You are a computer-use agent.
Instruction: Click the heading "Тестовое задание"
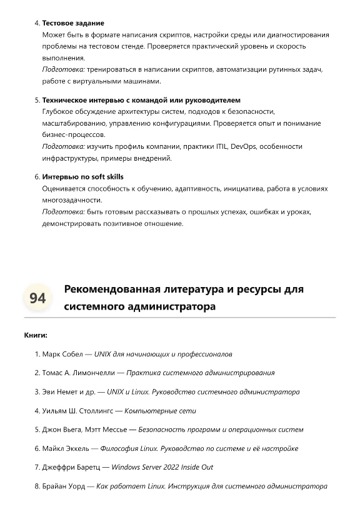73,23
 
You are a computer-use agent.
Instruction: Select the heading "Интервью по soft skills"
82,177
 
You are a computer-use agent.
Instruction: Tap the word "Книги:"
36,336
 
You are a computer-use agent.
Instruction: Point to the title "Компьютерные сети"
160,411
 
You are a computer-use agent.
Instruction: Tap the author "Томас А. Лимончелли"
79,373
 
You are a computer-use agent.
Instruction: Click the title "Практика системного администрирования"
200,373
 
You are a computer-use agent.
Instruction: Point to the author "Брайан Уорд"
64,486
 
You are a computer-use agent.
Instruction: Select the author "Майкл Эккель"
66,448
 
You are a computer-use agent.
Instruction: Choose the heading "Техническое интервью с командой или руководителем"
141,100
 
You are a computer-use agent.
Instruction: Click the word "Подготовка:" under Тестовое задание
63,69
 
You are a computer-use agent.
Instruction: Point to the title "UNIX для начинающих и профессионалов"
163,354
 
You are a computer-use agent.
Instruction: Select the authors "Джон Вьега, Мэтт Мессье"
85,430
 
